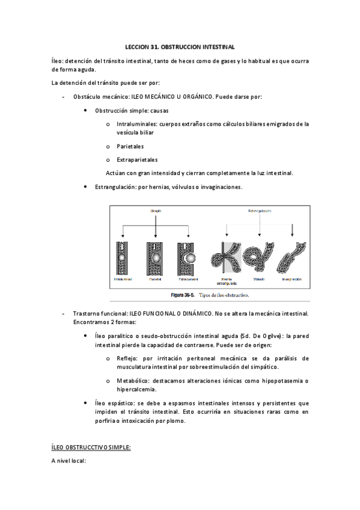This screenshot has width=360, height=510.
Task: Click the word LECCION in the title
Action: (136, 46)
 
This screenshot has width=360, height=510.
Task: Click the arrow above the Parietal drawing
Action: (156, 229)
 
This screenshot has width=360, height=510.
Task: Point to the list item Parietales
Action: (130, 146)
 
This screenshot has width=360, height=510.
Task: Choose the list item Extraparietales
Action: (137, 160)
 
